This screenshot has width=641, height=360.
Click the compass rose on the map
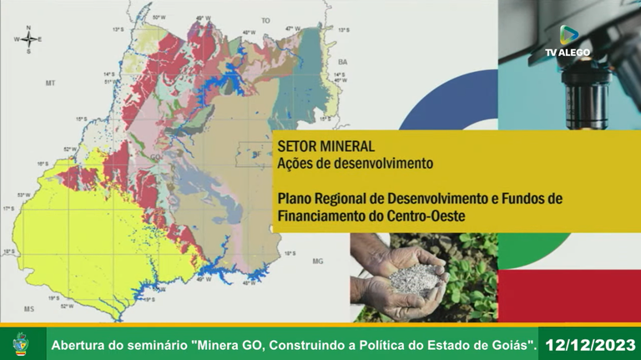pyautogui.click(x=28, y=39)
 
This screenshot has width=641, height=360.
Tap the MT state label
pyautogui.click(x=50, y=84)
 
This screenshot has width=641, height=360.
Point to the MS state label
pyautogui.click(x=29, y=309)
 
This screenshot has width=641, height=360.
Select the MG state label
pyautogui.click(x=317, y=261)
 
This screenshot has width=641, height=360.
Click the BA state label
pyautogui.click(x=342, y=61)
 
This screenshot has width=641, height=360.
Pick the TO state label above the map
pyautogui.click(x=266, y=20)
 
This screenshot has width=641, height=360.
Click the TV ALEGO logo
pyautogui.click(x=568, y=41)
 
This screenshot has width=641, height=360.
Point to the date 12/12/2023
pyautogui.click(x=589, y=343)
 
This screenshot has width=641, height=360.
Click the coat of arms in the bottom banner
pyautogui.click(x=21, y=343)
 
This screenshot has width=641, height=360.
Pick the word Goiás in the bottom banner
pyautogui.click(x=511, y=344)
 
